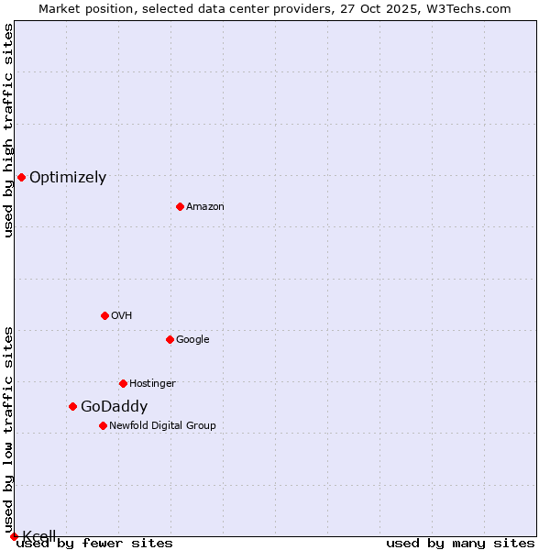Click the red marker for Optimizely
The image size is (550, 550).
click(x=21, y=177)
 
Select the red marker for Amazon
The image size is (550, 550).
click(x=180, y=206)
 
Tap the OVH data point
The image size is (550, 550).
click(x=104, y=315)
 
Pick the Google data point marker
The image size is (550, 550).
click(x=170, y=339)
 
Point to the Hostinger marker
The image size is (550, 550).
click(x=123, y=383)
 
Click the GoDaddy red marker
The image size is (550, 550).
click(x=72, y=406)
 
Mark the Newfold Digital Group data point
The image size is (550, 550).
click(x=103, y=425)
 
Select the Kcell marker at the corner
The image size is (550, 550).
click(x=14, y=536)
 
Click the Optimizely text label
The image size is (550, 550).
click(x=68, y=178)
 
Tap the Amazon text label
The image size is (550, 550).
click(x=205, y=207)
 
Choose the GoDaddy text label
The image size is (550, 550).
click(x=114, y=407)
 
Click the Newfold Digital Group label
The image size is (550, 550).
click(x=162, y=425)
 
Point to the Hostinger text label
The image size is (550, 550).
click(x=152, y=383)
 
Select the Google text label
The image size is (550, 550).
click(x=192, y=340)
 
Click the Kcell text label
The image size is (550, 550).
click(x=39, y=536)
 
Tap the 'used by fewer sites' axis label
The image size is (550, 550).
click(x=94, y=544)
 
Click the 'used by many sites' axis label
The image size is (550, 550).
click(x=460, y=544)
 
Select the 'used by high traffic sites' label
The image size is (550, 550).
click(x=9, y=131)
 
